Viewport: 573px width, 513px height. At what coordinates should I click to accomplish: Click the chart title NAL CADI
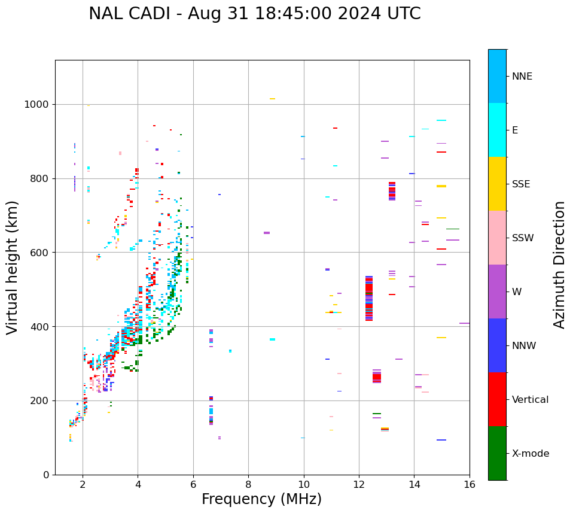coord(254,14)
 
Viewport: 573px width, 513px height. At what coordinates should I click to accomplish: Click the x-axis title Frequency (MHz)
coord(261,499)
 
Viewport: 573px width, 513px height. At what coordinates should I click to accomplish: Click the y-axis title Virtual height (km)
coord(13,267)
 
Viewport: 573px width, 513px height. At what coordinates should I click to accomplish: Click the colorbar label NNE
coord(522,77)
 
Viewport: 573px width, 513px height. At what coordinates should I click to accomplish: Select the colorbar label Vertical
coord(530,400)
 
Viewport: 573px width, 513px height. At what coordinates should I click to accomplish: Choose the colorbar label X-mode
coord(531,454)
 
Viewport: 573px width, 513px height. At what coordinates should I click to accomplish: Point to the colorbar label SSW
coord(523,238)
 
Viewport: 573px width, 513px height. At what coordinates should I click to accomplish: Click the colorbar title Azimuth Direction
coord(559,265)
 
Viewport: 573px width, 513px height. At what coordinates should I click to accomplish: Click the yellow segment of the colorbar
coord(497,184)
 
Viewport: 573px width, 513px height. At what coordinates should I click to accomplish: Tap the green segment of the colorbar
coord(497,453)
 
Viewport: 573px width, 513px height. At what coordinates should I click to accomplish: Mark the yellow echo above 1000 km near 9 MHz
coord(272,99)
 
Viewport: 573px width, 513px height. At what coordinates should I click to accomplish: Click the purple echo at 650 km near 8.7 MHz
coord(267,233)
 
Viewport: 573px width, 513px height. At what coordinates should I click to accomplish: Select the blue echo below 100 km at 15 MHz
coord(441,440)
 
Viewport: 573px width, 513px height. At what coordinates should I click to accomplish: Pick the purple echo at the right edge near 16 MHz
coord(464,323)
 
